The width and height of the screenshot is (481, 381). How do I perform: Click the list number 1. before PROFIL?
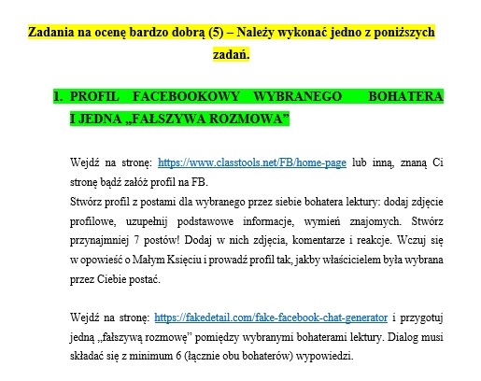(x=57, y=96)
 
